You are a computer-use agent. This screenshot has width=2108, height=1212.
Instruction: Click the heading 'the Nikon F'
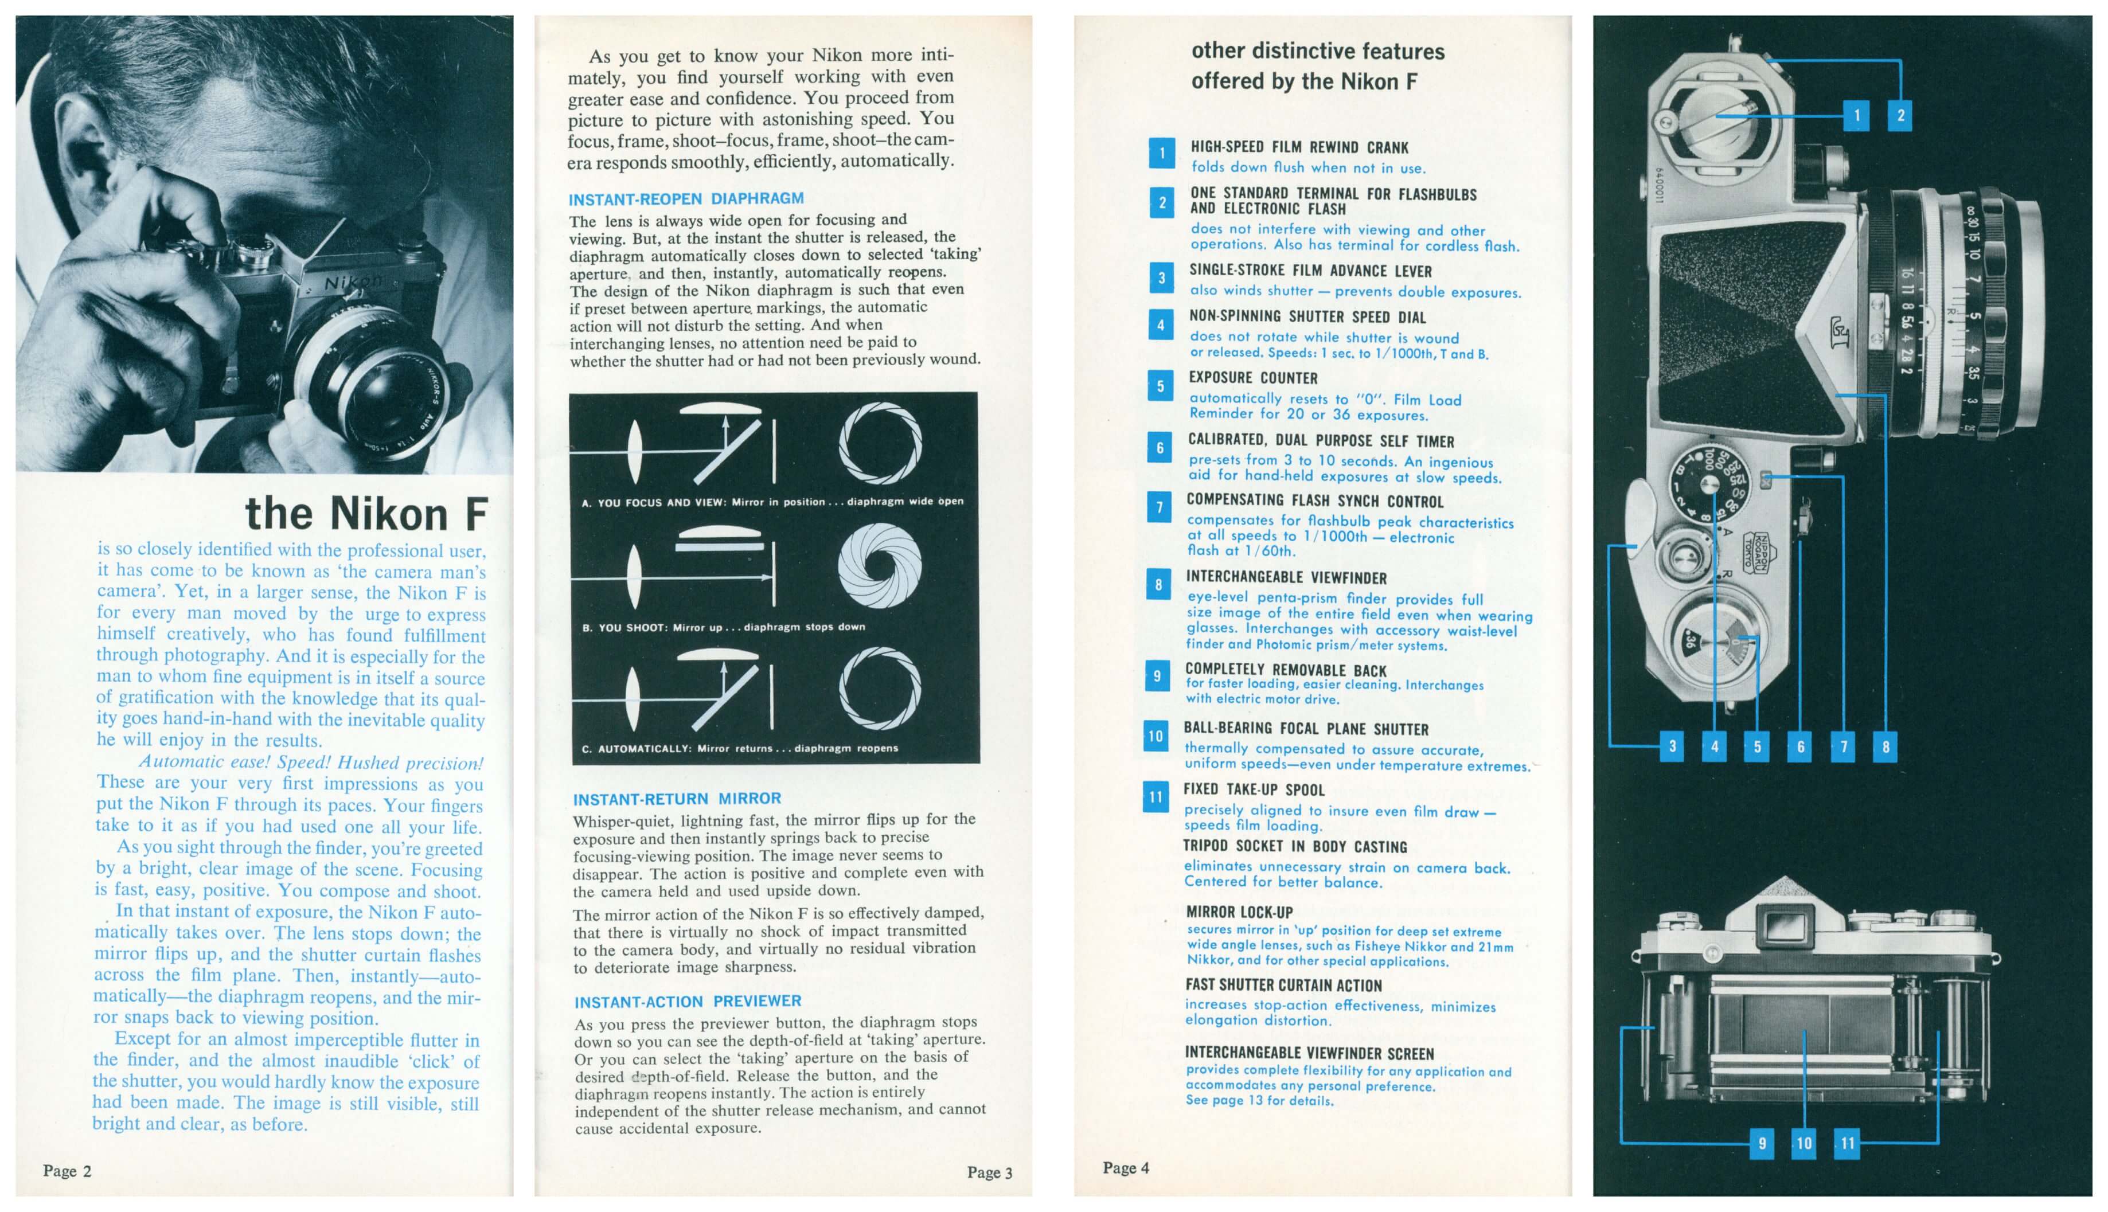[x=366, y=514]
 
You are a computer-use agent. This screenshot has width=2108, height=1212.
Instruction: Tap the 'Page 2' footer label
[x=67, y=1170]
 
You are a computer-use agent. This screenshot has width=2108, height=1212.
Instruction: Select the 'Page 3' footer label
[x=989, y=1172]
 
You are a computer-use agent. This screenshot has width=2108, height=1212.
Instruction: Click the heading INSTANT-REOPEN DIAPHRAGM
[x=686, y=199]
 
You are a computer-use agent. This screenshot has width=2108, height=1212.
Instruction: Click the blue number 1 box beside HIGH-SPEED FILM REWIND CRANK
[x=1161, y=153]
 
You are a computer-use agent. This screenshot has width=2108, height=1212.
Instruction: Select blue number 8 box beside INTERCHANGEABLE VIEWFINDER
[x=1158, y=584]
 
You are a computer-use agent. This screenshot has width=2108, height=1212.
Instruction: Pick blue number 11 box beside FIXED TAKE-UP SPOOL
[x=1156, y=796]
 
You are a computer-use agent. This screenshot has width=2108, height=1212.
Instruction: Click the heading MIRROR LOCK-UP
[x=1239, y=912]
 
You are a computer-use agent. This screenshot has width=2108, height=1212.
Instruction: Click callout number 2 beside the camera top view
[x=1900, y=116]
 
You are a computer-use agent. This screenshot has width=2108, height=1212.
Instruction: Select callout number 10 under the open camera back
[x=1803, y=1143]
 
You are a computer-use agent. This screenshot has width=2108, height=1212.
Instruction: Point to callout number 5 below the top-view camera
[x=1756, y=746]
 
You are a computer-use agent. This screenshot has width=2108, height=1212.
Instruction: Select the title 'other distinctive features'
[x=1317, y=52]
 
